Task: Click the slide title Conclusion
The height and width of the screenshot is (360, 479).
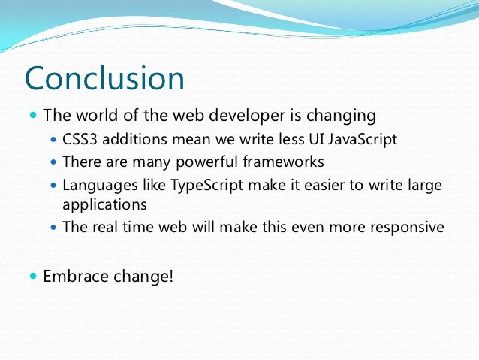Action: click(x=104, y=79)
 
